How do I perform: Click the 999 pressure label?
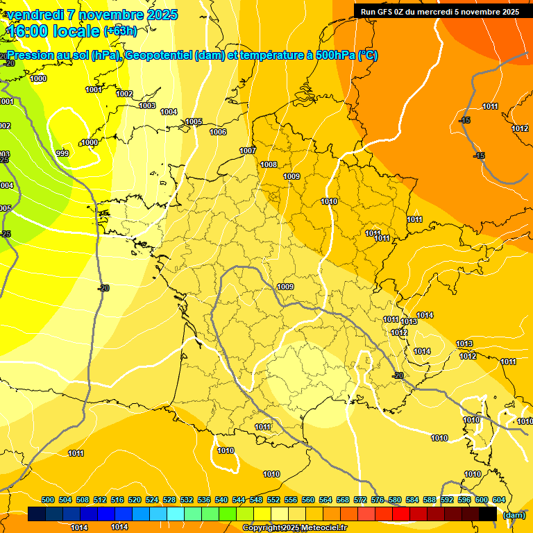click(62, 153)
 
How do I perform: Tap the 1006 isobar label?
click(218, 132)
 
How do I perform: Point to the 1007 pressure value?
click(248, 151)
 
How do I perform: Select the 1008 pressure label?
click(269, 164)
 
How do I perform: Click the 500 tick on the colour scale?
click(48, 500)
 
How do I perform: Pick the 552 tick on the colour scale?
click(273, 500)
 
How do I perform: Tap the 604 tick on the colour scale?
click(499, 500)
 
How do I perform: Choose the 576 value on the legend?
click(378, 500)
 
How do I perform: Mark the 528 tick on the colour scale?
click(169, 500)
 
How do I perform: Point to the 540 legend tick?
click(221, 500)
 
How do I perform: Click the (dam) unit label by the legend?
click(513, 515)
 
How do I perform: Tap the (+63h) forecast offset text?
click(119, 31)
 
